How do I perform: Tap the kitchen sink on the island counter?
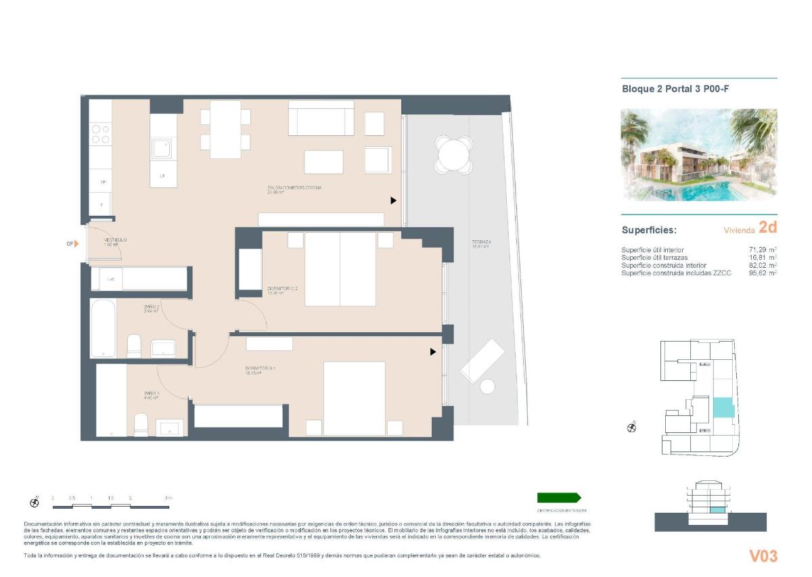[x=162, y=149]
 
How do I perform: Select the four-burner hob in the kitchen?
[x=101, y=133]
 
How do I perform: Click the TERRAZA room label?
[x=481, y=242]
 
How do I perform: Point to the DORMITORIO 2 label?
[x=282, y=289]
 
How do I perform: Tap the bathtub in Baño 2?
[x=103, y=328]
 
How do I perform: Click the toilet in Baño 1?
[x=141, y=425]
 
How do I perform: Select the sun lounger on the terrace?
[x=482, y=361]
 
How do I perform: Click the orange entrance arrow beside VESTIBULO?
[x=76, y=244]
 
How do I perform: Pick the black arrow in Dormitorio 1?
[x=432, y=352]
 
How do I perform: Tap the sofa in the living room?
[x=321, y=118]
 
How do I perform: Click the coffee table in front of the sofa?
[x=323, y=162]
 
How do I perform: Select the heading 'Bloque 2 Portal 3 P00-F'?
[x=675, y=89]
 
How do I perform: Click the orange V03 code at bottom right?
[x=763, y=556]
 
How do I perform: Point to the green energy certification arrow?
[x=559, y=497]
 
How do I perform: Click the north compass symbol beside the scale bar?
[x=35, y=502]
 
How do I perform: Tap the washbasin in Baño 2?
[x=163, y=348]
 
